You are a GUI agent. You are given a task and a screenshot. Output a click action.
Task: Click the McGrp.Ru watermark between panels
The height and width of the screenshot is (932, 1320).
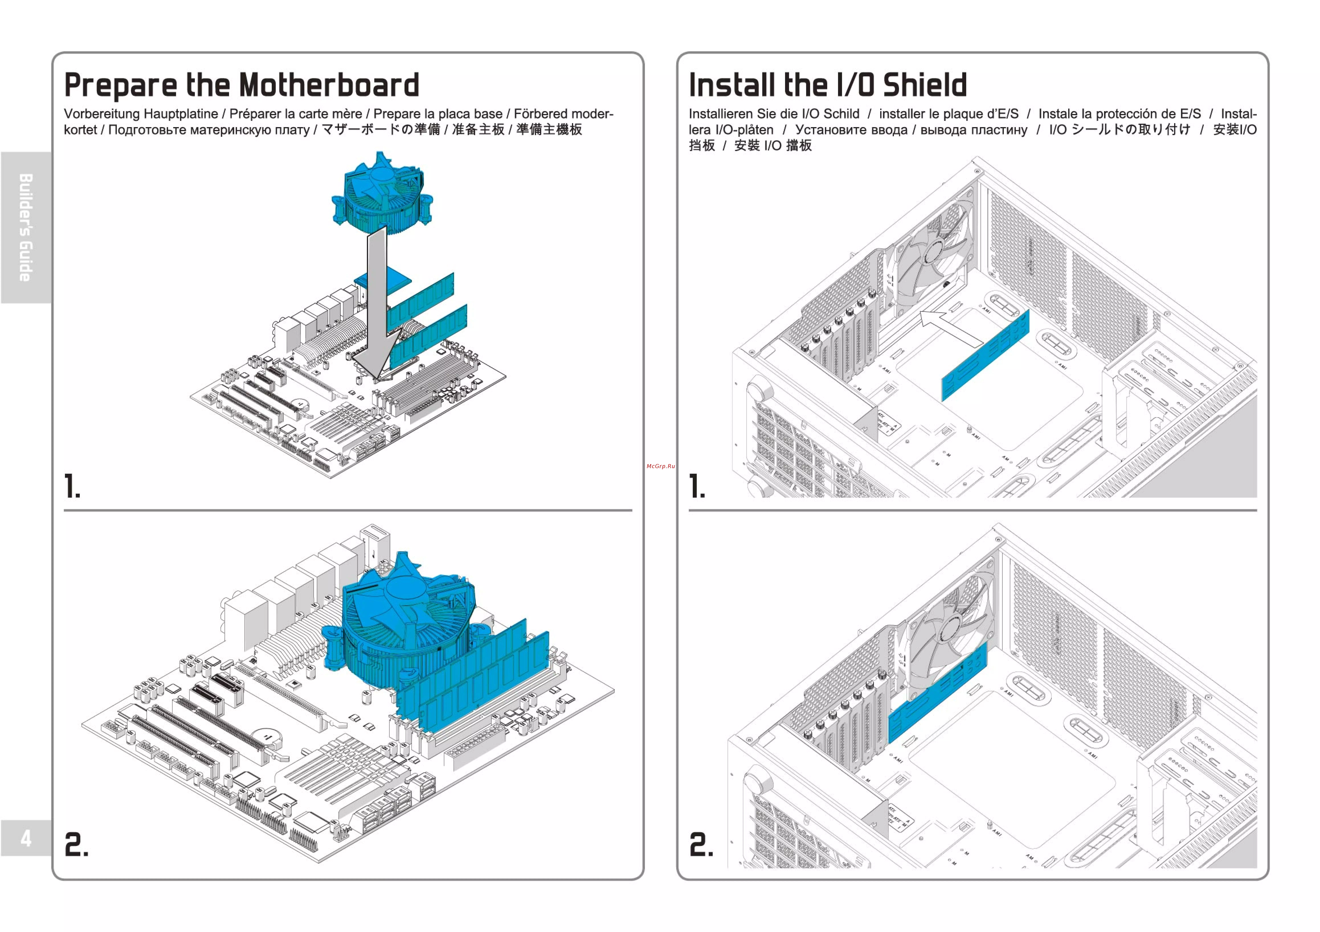pyautogui.click(x=661, y=466)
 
